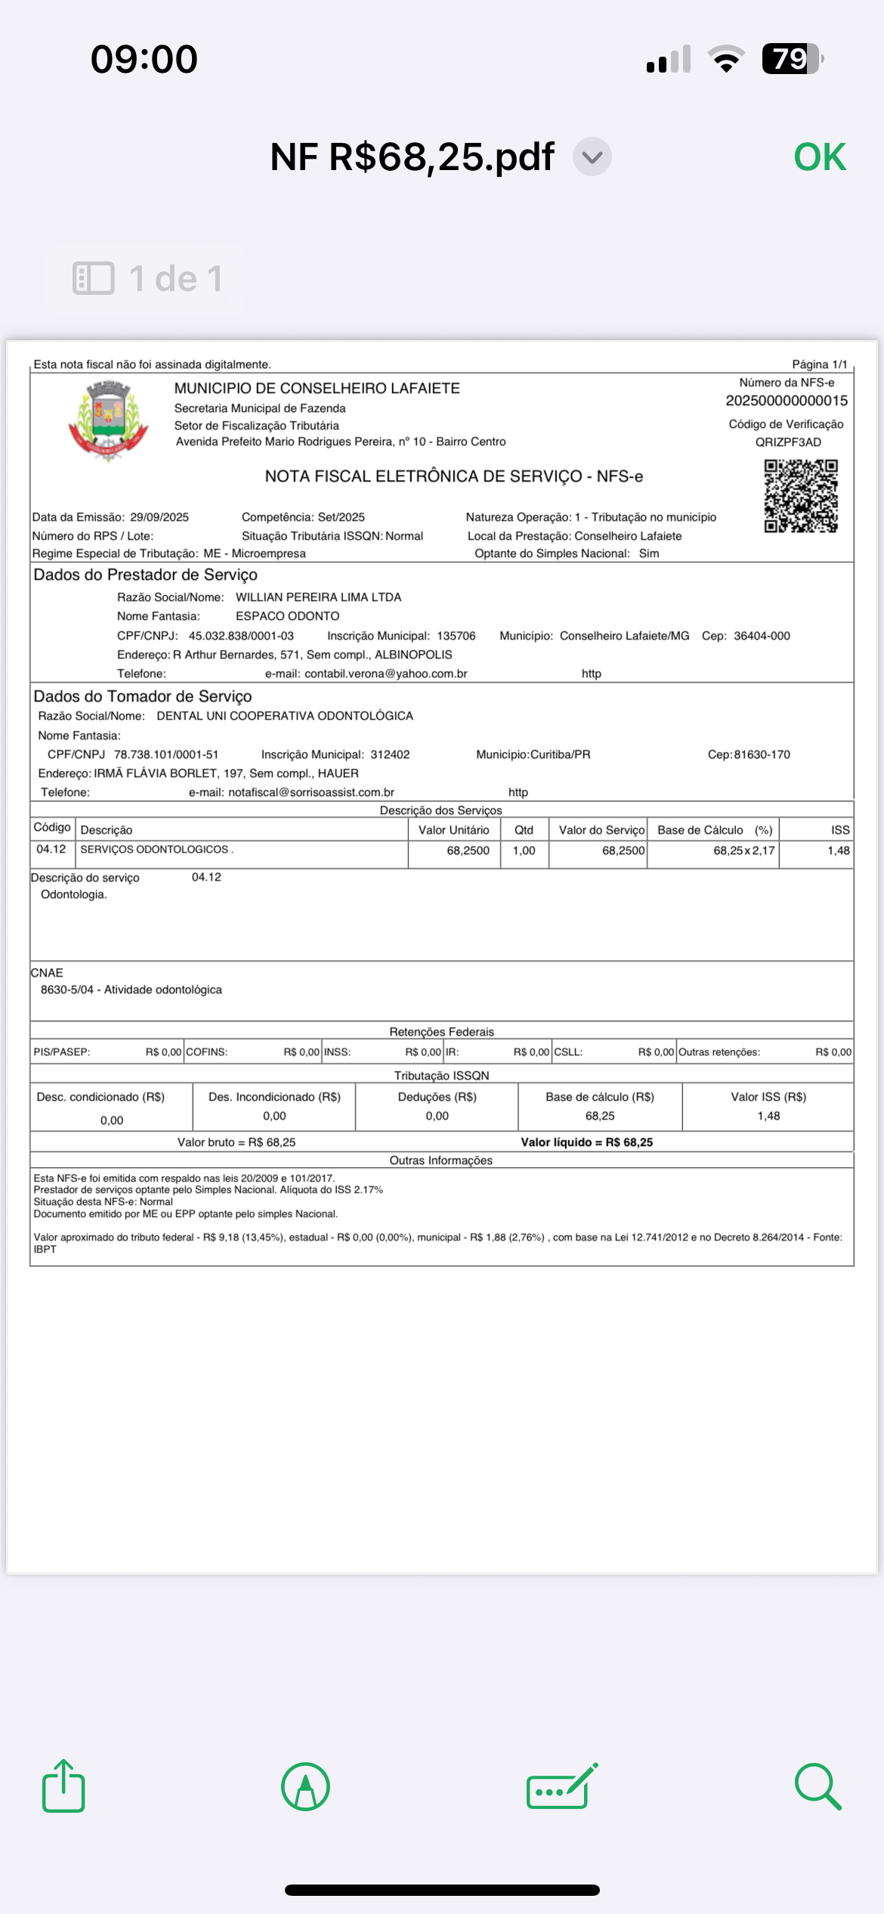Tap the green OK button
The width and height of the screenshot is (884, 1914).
tap(820, 157)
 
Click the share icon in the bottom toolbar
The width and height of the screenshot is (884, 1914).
tap(63, 1786)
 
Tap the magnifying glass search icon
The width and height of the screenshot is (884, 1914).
tap(818, 1787)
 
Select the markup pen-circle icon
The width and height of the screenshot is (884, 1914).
tap(305, 1787)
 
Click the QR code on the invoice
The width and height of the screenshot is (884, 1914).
tap(800, 496)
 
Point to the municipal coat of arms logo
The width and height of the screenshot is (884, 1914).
tap(109, 420)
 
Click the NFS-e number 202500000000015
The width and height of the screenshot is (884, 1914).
tap(787, 401)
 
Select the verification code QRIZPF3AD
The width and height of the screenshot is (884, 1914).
tap(788, 442)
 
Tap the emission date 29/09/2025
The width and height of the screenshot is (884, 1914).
tap(159, 517)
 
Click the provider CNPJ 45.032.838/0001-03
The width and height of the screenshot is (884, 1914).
tap(241, 636)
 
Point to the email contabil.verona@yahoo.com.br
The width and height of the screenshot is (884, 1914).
tap(385, 674)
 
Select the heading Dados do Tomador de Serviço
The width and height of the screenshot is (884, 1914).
tap(143, 696)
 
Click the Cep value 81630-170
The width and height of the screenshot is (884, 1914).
tap(762, 754)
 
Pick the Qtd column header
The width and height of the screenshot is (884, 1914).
tap(524, 830)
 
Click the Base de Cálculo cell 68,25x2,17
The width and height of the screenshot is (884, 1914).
tap(743, 850)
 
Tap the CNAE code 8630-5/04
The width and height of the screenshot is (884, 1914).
tap(67, 990)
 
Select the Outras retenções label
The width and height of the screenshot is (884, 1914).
tap(719, 1052)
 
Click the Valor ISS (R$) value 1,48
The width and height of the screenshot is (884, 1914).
tap(768, 1116)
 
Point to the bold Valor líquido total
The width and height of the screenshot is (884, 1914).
tap(586, 1142)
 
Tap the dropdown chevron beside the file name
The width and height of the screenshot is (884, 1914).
tap(592, 157)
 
